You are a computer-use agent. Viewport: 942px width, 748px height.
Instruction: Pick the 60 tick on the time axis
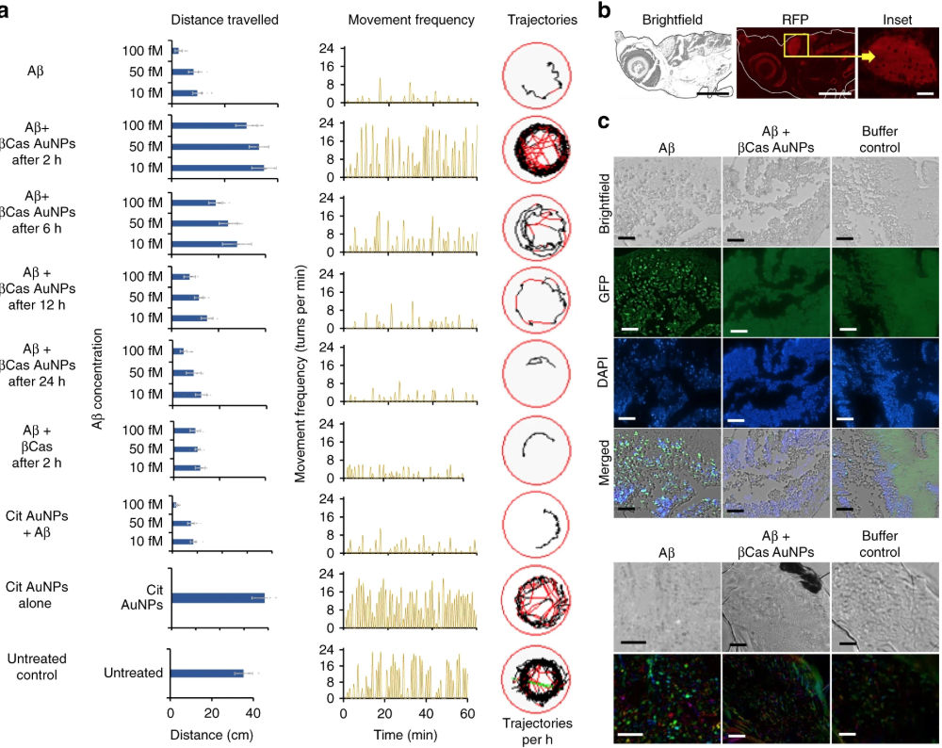467,713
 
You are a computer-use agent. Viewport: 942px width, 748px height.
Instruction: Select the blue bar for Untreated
206,673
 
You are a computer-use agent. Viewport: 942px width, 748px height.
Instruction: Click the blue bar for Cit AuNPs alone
217,596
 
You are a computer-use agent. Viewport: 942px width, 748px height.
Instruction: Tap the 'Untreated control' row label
36,667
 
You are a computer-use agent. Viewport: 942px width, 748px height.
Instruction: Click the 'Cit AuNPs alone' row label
36,594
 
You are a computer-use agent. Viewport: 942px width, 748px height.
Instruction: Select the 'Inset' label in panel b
897,20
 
